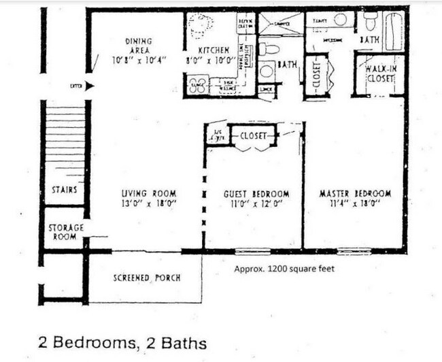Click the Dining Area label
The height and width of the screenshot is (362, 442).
139,46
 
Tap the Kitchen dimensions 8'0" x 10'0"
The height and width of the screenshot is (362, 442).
214,60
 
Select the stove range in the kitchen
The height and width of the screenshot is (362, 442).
197,86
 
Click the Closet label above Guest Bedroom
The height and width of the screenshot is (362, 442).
253,136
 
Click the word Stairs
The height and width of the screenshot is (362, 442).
65,190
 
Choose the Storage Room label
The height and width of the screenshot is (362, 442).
65,232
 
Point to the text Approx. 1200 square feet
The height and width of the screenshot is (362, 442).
284,269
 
